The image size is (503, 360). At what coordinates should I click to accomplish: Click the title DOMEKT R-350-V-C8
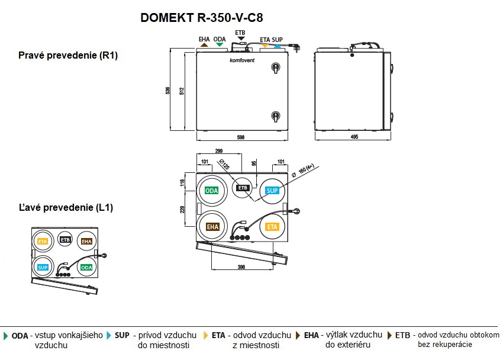tap(201, 18)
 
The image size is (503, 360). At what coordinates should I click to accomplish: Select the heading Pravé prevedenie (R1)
tap(69, 56)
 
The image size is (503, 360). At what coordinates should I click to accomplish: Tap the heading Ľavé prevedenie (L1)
tap(66, 208)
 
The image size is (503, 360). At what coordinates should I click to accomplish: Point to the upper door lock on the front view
tap(275, 67)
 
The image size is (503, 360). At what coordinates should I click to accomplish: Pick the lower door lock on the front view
tap(275, 116)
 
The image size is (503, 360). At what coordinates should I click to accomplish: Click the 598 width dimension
tap(241, 137)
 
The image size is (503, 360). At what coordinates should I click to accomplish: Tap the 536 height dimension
tap(168, 91)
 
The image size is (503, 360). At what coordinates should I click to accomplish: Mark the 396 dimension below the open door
tap(241, 268)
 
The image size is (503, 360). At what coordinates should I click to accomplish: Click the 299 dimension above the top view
tap(219, 152)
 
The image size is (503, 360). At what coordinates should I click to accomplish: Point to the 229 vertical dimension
tap(182, 209)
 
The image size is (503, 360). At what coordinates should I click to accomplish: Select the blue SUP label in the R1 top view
tap(272, 191)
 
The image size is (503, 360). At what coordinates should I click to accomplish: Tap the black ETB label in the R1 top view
tap(242, 188)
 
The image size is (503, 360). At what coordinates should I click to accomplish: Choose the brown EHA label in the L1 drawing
tap(86, 242)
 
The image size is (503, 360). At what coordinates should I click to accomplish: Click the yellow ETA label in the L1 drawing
tap(42, 242)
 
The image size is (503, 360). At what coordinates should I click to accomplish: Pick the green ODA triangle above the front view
tap(220, 45)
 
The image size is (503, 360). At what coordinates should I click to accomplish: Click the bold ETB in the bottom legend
tap(403, 335)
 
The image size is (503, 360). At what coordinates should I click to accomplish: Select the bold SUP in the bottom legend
tap(122, 335)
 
